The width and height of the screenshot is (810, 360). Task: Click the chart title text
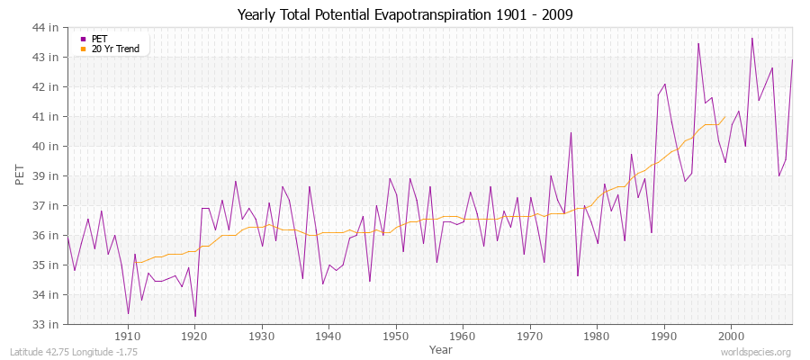pyautogui.click(x=405, y=15)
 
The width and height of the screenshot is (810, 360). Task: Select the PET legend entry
pyautogui.click(x=100, y=39)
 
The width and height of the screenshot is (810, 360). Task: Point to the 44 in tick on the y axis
pyautogui.click(x=46, y=28)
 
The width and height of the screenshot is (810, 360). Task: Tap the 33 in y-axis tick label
pyautogui.click(x=46, y=324)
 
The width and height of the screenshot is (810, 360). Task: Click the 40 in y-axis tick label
pyautogui.click(x=46, y=147)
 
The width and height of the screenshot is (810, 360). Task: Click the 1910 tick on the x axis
pyautogui.click(x=128, y=336)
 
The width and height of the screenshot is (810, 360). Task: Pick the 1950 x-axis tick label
pyautogui.click(x=396, y=336)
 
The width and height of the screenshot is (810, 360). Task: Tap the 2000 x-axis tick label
pyautogui.click(x=731, y=336)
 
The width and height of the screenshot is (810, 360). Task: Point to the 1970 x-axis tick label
pyautogui.click(x=530, y=336)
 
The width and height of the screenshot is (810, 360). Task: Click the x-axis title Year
pyautogui.click(x=441, y=349)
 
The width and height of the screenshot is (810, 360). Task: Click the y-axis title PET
pyautogui.click(x=20, y=175)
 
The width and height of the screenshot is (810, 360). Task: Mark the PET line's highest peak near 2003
pyautogui.click(x=752, y=38)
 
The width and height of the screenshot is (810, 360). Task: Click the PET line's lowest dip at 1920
pyautogui.click(x=195, y=317)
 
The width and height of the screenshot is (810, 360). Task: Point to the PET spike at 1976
pyautogui.click(x=571, y=133)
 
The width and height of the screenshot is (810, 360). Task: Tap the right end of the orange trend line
pyautogui.click(x=724, y=116)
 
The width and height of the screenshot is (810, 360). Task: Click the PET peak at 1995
pyautogui.click(x=698, y=43)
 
